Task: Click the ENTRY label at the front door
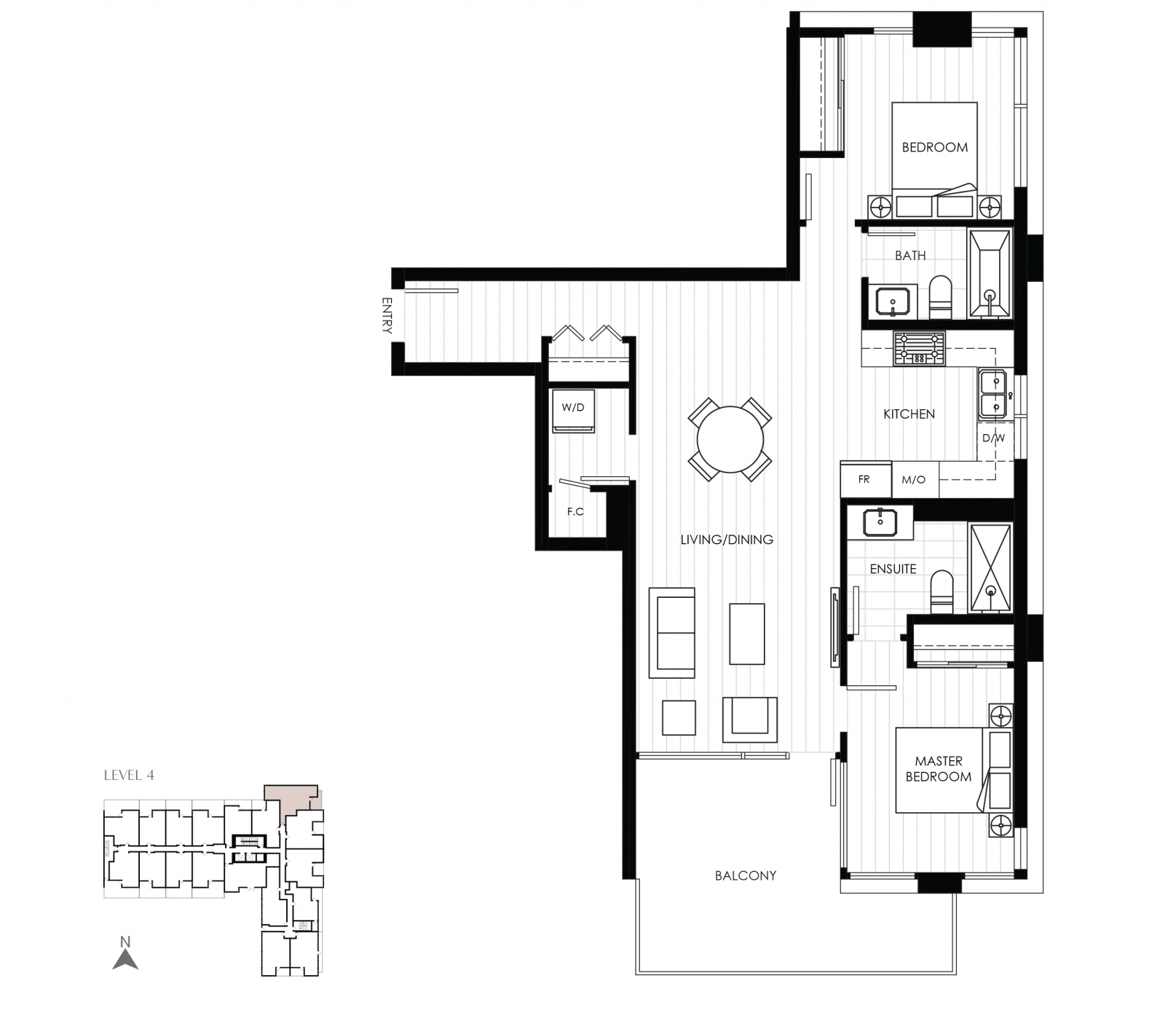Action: pyautogui.click(x=387, y=315)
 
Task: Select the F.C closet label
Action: pyautogui.click(x=575, y=511)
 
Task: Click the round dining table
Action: pyautogui.click(x=730, y=439)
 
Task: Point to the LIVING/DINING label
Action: pyautogui.click(x=727, y=540)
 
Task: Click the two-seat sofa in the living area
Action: pyautogui.click(x=672, y=633)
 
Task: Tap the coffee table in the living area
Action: pyautogui.click(x=747, y=634)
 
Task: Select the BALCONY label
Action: pyautogui.click(x=745, y=875)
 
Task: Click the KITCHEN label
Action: pyautogui.click(x=909, y=414)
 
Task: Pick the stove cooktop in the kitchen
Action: pyautogui.click(x=919, y=349)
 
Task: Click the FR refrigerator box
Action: pyautogui.click(x=865, y=479)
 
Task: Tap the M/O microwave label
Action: pyautogui.click(x=914, y=479)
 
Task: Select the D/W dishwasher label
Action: pyautogui.click(x=993, y=438)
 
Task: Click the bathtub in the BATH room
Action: pyautogui.click(x=990, y=274)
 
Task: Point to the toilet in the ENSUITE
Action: pyautogui.click(x=941, y=591)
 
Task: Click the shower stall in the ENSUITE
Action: pyautogui.click(x=990, y=568)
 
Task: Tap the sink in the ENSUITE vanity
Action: pyautogui.click(x=880, y=522)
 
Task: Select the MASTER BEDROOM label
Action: pyautogui.click(x=939, y=769)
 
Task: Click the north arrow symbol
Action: pyautogui.click(x=125, y=955)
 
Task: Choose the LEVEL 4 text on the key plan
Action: pyautogui.click(x=129, y=775)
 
